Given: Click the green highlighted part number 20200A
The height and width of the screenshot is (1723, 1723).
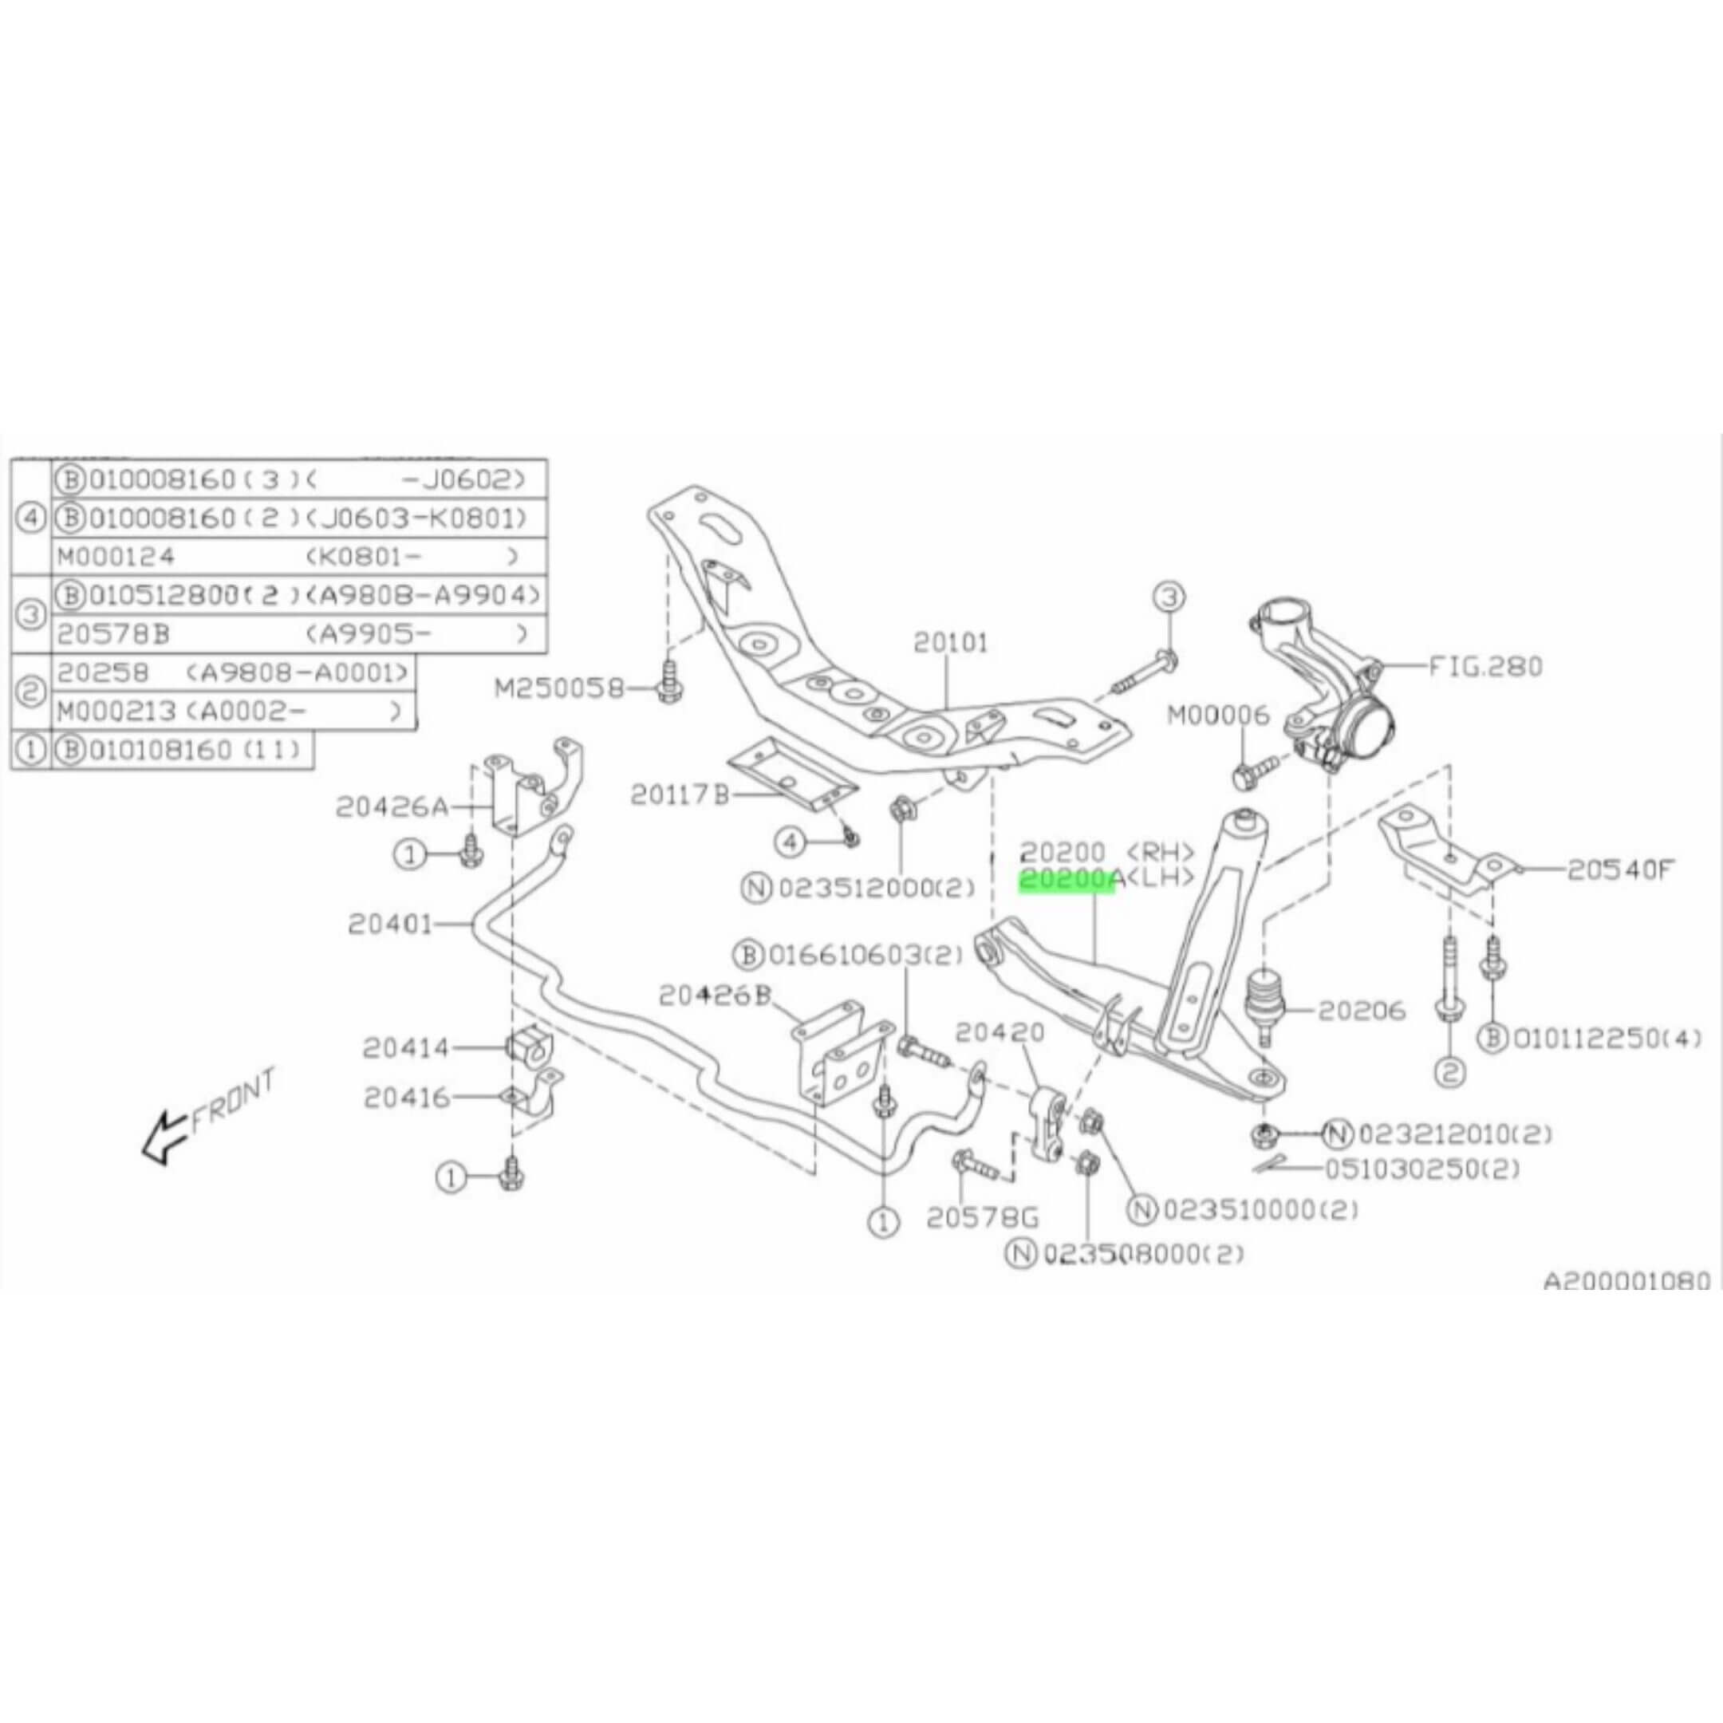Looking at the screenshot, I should (x=1067, y=880).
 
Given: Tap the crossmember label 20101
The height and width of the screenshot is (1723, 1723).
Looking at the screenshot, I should (x=951, y=642).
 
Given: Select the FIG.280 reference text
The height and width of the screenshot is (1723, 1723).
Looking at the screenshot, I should (x=1484, y=666).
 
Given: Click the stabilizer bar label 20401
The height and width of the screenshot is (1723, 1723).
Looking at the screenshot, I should (x=390, y=925).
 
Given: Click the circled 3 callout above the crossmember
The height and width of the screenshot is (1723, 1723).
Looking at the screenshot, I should (x=1170, y=597).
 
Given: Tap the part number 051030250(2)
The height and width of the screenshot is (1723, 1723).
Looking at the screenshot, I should (x=1421, y=1169).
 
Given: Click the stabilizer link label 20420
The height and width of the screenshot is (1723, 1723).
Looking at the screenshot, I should (x=999, y=1033).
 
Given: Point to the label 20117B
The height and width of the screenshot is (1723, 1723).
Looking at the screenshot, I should (x=680, y=794).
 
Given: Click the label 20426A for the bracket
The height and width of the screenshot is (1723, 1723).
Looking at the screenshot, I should (x=392, y=807).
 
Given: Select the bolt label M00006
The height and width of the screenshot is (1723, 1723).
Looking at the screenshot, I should (x=1217, y=715).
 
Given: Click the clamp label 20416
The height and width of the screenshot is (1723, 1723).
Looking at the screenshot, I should (x=407, y=1098).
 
